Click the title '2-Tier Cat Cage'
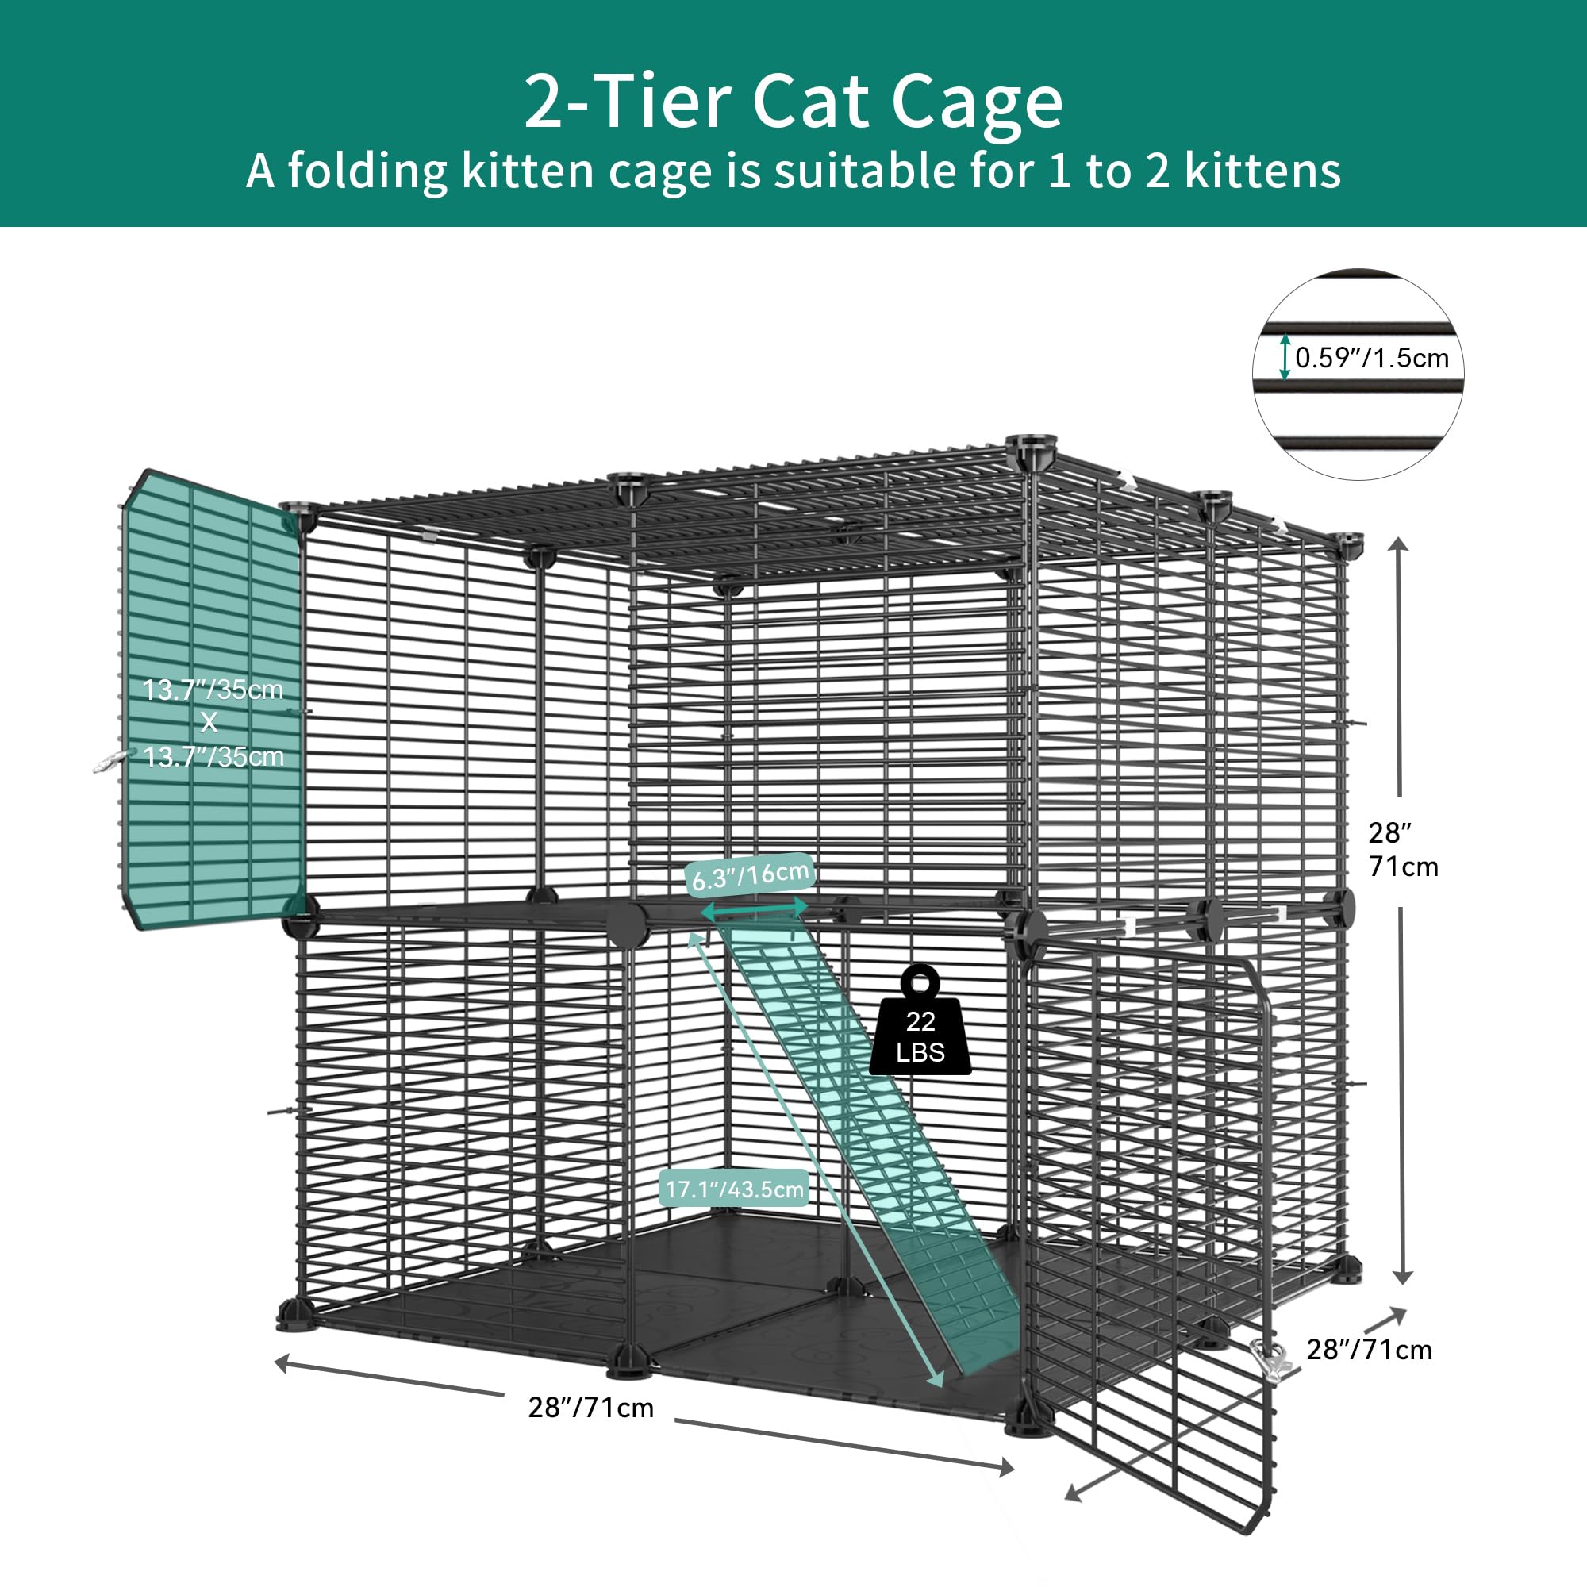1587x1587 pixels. click(793, 102)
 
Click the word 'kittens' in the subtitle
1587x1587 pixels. click(1262, 171)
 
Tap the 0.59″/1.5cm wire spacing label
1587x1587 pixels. click(1372, 358)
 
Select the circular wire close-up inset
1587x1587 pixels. click(1358, 375)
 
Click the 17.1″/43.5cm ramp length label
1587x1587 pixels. click(733, 1189)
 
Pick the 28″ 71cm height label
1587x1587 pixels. click(1403, 849)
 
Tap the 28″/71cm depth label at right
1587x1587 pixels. click(1369, 1350)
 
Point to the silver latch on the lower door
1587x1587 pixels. click(1267, 1359)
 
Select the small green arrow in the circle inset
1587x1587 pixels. click(1285, 357)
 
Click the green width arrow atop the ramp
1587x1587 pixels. click(754, 909)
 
